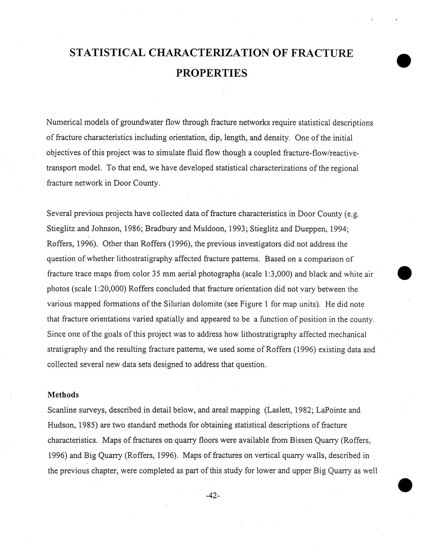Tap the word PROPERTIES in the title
pyautogui.click(x=211, y=74)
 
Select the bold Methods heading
pyautogui.click(x=63, y=395)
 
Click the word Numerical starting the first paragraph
pyautogui.click(x=65, y=123)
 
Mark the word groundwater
pyautogui.click(x=142, y=123)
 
